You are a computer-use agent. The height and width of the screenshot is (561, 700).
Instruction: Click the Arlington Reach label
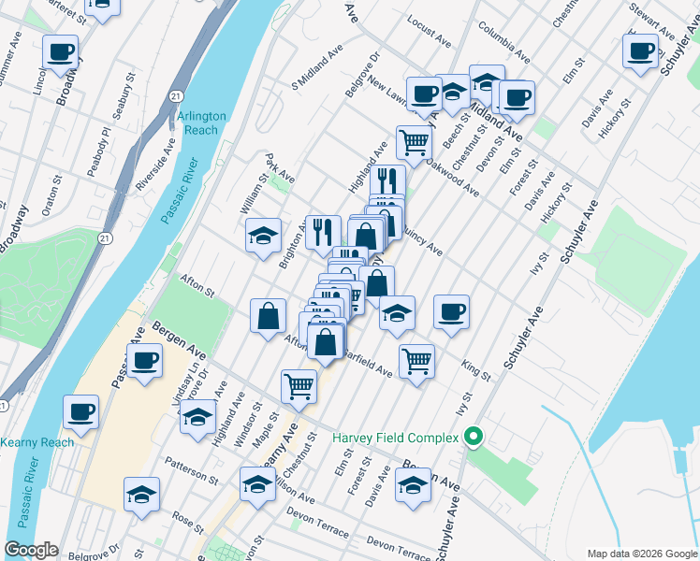201,122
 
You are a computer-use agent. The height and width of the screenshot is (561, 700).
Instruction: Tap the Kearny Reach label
36,441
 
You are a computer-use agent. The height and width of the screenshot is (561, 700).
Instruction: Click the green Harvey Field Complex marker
474,437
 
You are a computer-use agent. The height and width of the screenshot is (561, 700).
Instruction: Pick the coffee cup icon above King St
451,310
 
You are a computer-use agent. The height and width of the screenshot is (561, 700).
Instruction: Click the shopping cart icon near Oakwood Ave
414,142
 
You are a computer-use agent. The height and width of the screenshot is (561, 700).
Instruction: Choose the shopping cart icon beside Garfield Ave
416,359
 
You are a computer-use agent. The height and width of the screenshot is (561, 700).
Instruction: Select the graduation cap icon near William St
264,235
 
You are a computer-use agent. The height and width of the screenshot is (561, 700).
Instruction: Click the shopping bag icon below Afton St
269,314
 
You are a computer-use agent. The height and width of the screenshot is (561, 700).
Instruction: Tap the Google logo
31,550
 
